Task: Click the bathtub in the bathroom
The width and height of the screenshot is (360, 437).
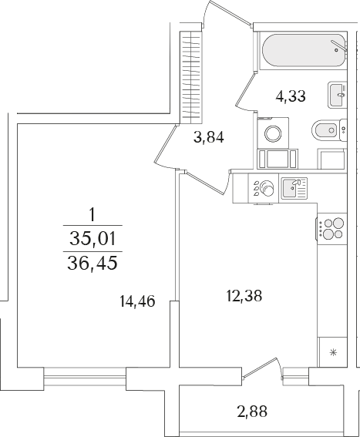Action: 304,52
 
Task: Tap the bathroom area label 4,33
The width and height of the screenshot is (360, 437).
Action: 291,97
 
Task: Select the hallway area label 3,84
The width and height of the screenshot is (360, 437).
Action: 208,138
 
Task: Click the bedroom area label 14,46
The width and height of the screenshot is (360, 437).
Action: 137,301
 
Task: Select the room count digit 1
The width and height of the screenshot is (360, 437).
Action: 92,211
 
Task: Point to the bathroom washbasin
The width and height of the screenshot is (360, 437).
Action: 337,95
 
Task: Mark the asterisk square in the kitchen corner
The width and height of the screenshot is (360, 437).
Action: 333,353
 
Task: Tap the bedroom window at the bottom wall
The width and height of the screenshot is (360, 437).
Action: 84,377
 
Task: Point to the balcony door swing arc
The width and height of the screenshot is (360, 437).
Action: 262,366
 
